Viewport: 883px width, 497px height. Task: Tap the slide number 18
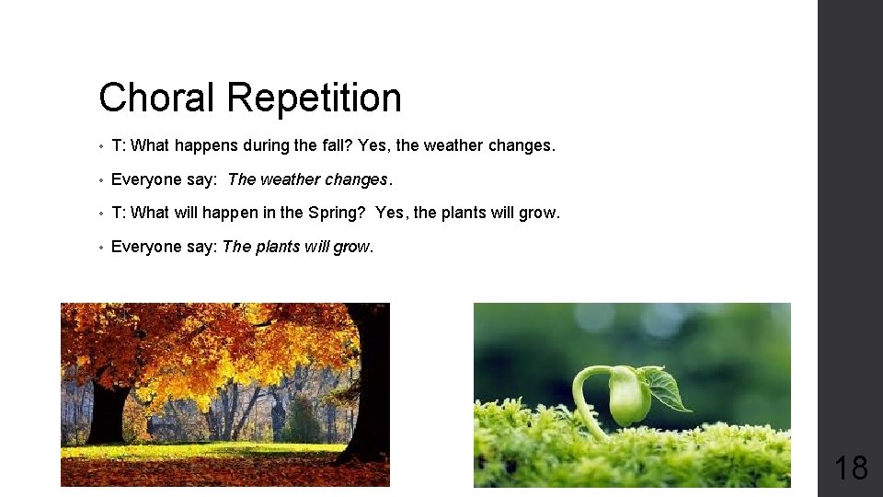(850, 468)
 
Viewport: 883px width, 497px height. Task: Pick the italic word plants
(280, 247)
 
